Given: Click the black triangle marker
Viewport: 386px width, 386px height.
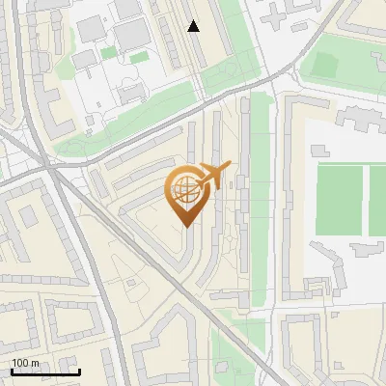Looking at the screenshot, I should click(x=194, y=26).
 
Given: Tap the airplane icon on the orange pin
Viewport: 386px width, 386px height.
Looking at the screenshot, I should click(x=213, y=176).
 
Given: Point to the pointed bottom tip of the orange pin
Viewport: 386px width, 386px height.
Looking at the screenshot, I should click(x=185, y=225).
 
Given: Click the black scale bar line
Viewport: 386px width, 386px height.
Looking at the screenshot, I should click(x=45, y=372).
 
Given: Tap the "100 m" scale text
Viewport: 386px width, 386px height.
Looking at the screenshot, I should click(x=25, y=363).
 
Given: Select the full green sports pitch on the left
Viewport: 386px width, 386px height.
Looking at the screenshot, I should click(x=338, y=201).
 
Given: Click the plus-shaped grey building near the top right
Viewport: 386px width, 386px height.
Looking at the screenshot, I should click(x=281, y=14).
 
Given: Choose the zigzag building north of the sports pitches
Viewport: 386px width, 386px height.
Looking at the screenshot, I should click(x=359, y=121).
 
